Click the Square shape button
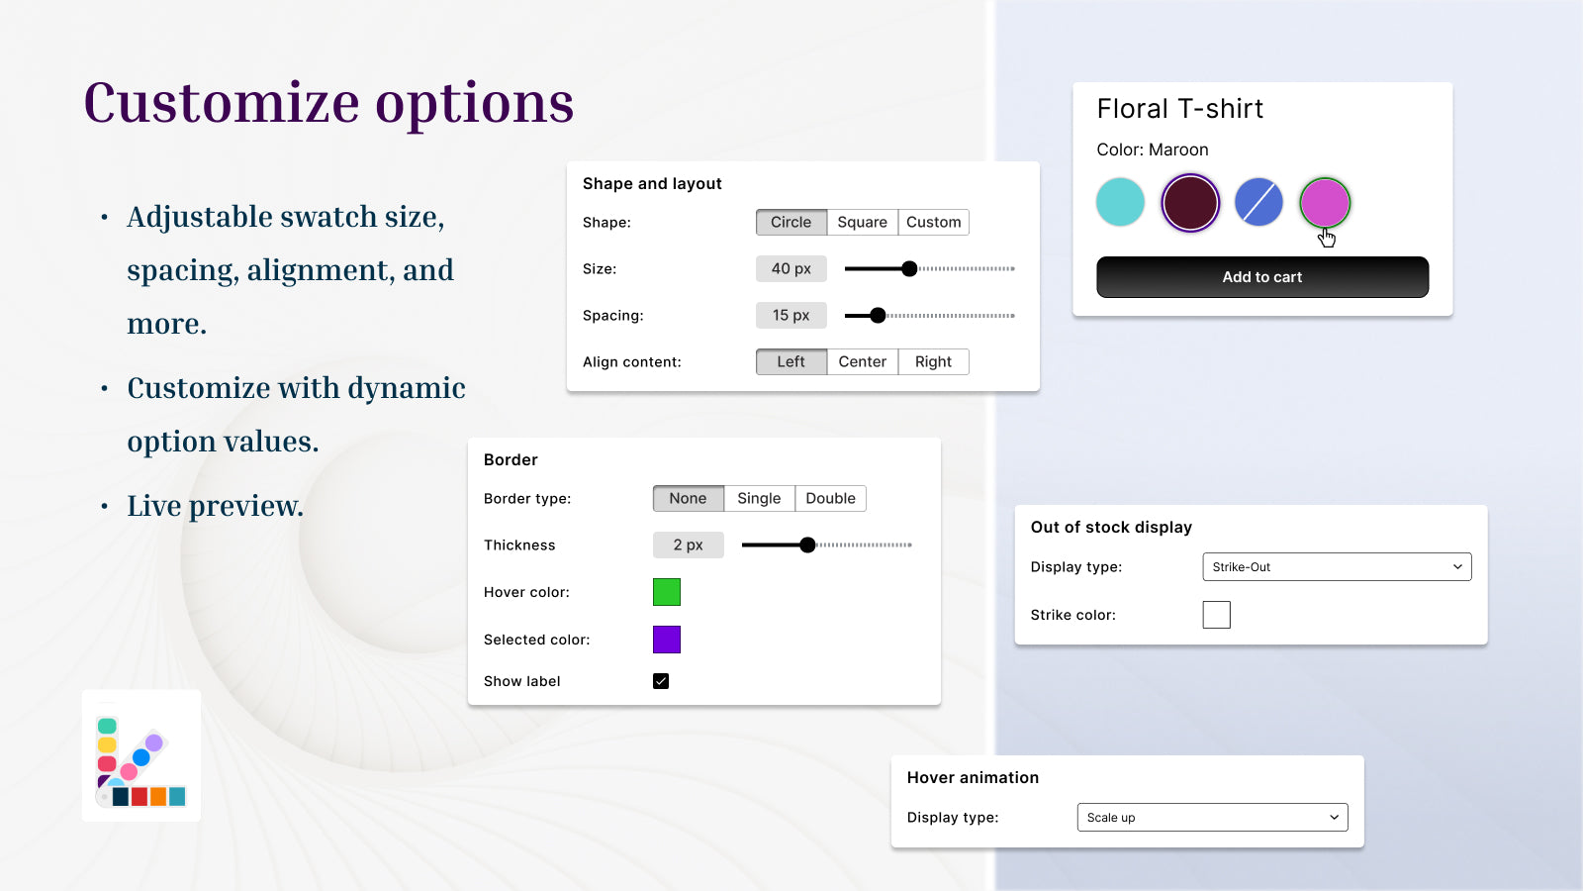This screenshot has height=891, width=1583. coord(862,222)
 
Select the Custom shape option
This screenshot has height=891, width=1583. coord(933,222)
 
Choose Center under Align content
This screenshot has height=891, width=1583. coord(862,361)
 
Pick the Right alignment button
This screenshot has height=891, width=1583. coord(933,361)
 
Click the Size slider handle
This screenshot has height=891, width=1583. coord(909,268)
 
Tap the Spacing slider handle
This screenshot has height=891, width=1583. coord(878,316)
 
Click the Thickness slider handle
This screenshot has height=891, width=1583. coord(807,544)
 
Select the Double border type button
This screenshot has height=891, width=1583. coord(830,498)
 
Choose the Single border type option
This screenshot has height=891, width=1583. coord(759,498)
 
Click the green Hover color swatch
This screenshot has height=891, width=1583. coord(667,592)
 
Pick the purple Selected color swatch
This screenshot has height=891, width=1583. coord(667,640)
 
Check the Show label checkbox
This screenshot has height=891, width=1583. coord(661,681)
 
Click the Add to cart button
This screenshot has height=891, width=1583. coord(1262,277)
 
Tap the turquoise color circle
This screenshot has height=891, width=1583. coord(1121,202)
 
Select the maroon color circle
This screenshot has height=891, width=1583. coord(1190,202)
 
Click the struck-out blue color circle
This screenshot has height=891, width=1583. coord(1258,202)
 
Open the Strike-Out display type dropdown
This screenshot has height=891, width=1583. coord(1337,567)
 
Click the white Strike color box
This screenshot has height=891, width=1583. coord(1216,615)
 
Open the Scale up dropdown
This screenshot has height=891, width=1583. coord(1212,818)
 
